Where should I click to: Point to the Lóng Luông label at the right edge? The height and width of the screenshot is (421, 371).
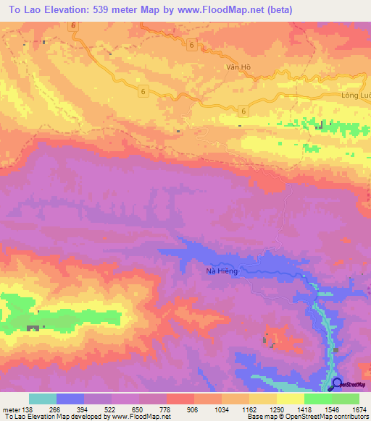(355, 95)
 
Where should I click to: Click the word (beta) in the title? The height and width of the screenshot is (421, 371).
(301, 8)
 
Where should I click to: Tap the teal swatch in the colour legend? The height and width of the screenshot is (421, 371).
(43, 399)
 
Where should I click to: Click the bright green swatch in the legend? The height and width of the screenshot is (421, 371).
(317, 399)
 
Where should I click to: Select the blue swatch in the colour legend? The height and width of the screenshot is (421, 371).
(70, 399)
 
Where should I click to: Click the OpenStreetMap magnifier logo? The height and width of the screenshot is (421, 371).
(336, 384)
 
